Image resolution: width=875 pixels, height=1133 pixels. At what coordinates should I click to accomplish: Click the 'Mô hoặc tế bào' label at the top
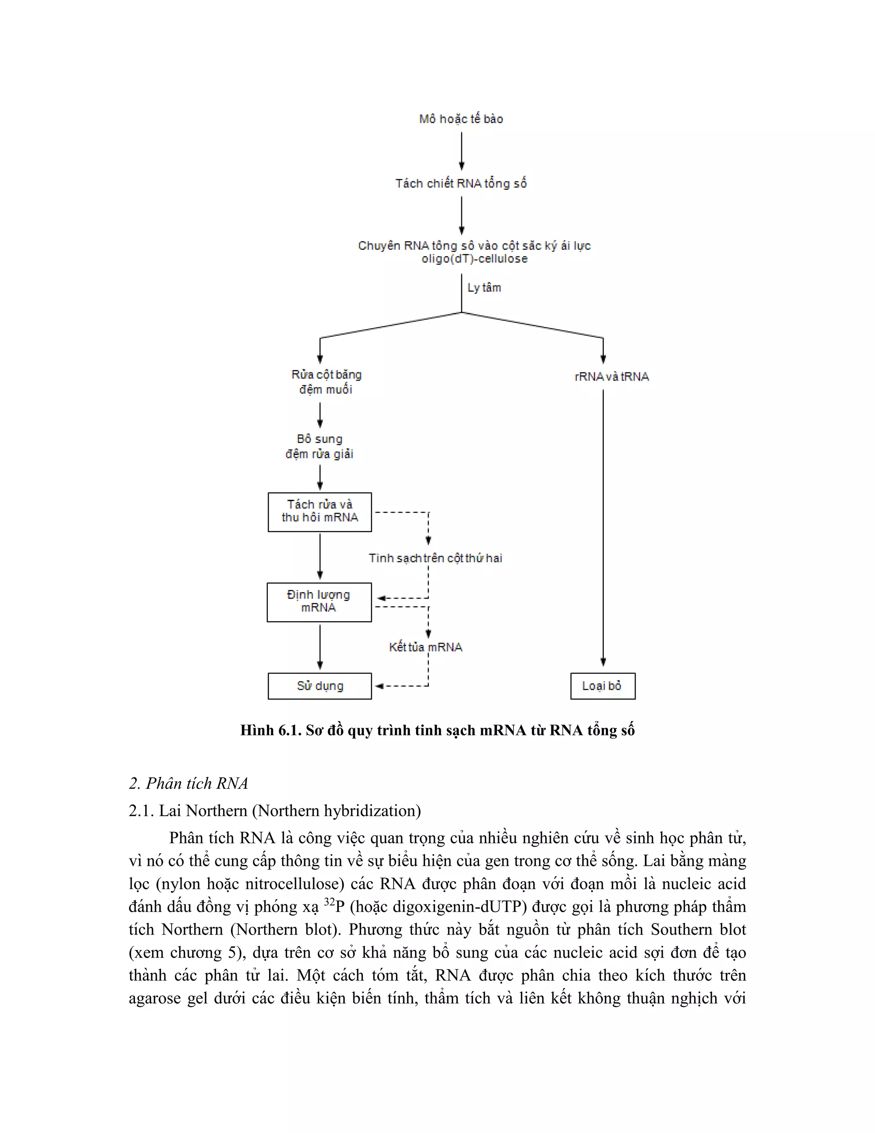(x=461, y=119)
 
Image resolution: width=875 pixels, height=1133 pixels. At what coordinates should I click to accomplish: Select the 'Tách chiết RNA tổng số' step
(x=461, y=183)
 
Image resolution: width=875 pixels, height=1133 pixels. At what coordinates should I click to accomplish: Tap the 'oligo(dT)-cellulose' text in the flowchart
(x=474, y=258)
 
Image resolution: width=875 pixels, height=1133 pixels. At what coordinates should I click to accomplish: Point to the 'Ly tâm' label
(x=484, y=287)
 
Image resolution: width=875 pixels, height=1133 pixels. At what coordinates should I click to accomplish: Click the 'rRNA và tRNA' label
(x=612, y=377)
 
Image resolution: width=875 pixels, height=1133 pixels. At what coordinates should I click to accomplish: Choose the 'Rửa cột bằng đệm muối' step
(x=326, y=382)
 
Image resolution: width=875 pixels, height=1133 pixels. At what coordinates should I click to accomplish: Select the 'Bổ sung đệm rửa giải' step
(x=319, y=446)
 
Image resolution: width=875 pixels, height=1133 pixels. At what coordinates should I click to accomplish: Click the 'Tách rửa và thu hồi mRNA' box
(x=320, y=511)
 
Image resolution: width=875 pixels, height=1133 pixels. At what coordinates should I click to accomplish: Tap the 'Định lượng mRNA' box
(x=319, y=602)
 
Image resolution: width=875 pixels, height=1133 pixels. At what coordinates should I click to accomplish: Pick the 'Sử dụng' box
(x=320, y=686)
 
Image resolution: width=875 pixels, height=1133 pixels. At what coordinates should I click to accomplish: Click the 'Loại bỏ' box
(x=602, y=686)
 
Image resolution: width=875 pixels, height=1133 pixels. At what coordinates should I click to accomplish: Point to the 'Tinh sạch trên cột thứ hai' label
(x=435, y=558)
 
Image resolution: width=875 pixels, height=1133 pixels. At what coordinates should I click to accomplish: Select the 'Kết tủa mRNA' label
(x=426, y=647)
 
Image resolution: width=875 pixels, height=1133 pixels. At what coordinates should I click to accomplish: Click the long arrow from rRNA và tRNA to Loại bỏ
(x=603, y=524)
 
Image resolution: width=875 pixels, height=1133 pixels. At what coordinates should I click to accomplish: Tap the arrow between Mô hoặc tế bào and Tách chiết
(x=461, y=150)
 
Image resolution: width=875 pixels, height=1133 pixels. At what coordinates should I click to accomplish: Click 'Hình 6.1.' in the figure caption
(x=270, y=730)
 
